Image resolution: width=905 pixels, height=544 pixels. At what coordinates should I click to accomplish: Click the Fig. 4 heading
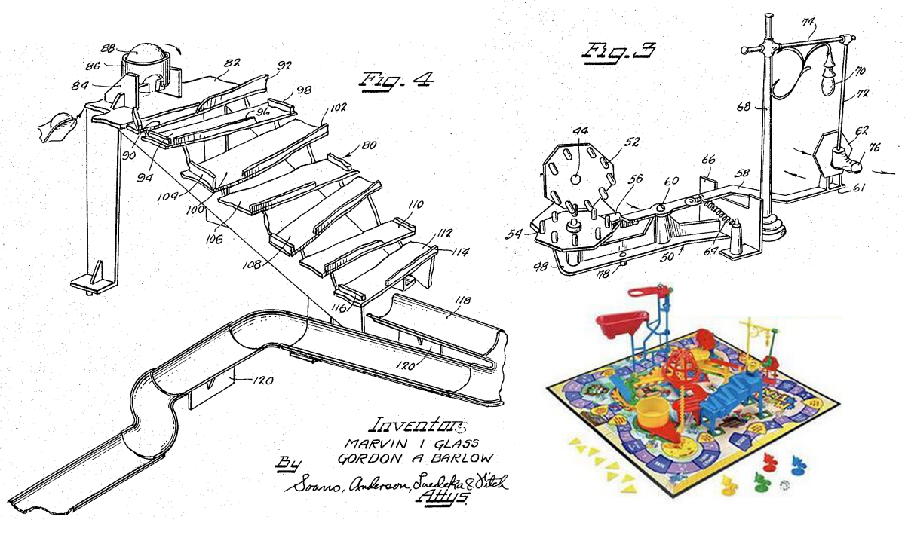[395, 80]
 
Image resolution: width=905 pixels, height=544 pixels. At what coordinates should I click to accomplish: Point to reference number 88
[109, 49]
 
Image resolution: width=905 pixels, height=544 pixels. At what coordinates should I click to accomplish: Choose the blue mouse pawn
[796, 461]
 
